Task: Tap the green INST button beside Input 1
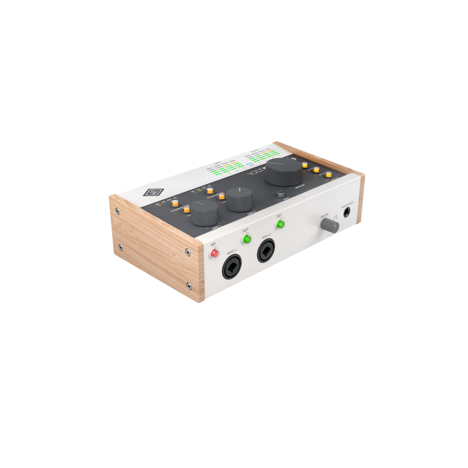(x=246, y=239)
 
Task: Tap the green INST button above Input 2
(x=280, y=224)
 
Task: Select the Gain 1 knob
(x=205, y=212)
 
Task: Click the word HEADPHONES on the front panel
(x=347, y=204)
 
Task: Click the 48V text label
(x=213, y=245)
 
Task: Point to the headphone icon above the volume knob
(x=336, y=220)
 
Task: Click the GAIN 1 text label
(x=216, y=227)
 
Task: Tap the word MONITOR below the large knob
(x=300, y=188)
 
